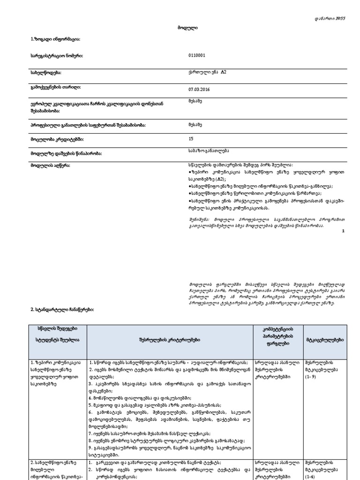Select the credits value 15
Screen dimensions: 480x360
pos(190,139)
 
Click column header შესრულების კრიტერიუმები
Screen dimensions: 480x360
pos(169,339)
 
